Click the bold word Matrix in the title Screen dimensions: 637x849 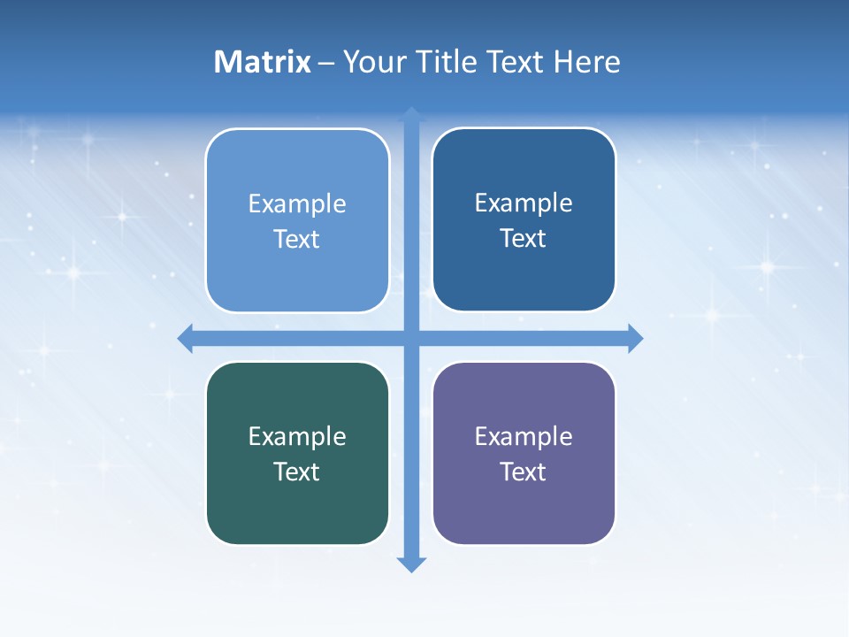(262, 62)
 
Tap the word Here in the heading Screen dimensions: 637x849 (587, 62)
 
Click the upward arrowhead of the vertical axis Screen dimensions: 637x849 (411, 114)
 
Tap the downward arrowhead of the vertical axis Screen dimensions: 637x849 (411, 564)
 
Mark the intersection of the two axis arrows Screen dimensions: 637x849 (411, 338)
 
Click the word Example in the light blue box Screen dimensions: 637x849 (297, 204)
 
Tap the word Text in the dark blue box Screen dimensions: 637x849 (524, 239)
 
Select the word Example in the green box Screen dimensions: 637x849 (297, 437)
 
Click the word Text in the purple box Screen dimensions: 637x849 (524, 472)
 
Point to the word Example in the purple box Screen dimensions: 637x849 (524, 437)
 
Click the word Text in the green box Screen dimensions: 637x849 (297, 472)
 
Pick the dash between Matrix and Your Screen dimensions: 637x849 (326, 64)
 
